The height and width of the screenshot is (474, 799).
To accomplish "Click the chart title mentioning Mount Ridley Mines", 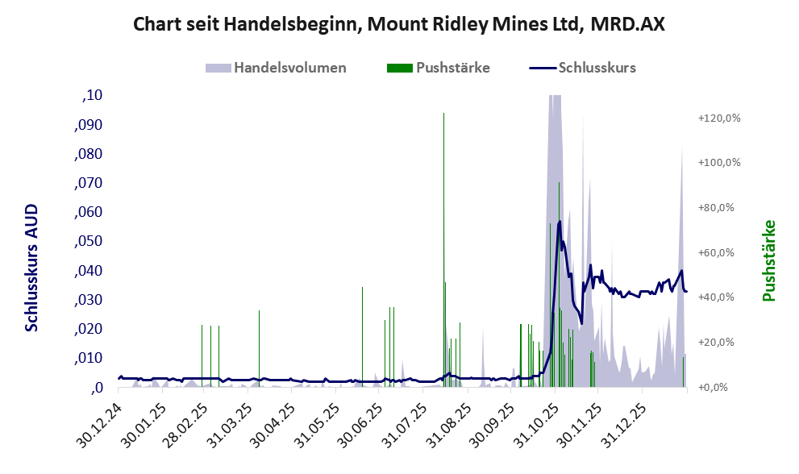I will pos(399,24).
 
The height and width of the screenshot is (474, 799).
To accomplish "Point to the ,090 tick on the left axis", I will pos(89,125).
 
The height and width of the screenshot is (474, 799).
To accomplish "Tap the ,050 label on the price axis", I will pos(89,242).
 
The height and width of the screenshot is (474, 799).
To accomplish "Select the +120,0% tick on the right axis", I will pos(718,118).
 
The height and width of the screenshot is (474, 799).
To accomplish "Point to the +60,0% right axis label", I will pos(718,253).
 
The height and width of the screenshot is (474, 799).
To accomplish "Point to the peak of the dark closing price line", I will pos(559,222).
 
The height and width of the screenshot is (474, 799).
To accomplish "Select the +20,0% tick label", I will pos(718,343).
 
